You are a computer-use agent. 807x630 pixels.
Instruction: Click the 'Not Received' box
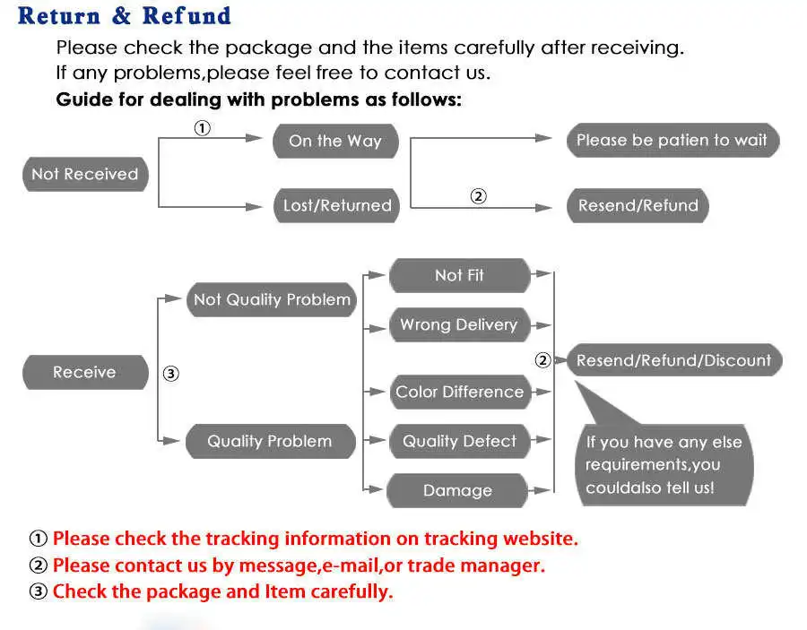point(85,175)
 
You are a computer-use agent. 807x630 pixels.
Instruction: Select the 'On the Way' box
point(335,141)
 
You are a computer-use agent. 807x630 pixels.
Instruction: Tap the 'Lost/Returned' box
point(336,206)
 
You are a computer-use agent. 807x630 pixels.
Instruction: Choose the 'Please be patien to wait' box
point(673,140)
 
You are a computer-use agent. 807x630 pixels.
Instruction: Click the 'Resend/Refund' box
point(638,206)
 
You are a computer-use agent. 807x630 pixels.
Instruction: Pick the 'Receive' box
point(85,372)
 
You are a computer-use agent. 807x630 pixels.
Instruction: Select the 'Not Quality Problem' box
point(272,299)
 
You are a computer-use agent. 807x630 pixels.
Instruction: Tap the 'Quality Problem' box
point(271,441)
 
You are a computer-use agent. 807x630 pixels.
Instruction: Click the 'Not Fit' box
point(460,275)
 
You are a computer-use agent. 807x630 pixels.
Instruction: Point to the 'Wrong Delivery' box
point(460,324)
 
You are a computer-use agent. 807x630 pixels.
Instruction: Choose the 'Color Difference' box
point(460,392)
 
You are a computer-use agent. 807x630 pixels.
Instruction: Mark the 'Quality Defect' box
point(460,441)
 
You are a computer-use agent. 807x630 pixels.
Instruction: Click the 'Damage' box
point(457,490)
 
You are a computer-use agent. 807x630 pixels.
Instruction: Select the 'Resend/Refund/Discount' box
point(674,360)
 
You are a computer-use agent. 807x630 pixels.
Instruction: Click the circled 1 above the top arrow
point(203,127)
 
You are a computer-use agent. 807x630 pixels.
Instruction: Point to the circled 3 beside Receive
point(171,374)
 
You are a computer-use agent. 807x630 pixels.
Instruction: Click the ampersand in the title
point(121,15)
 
